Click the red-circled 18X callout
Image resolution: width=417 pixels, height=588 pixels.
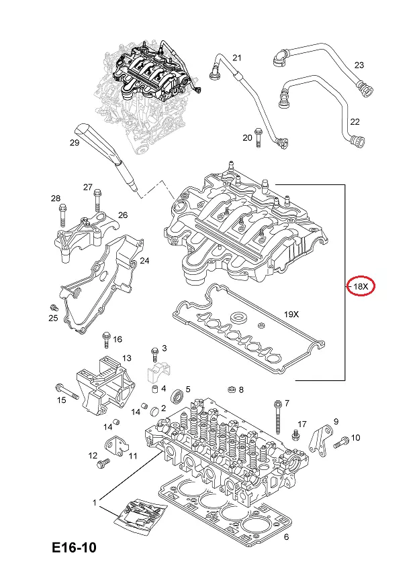[361, 287]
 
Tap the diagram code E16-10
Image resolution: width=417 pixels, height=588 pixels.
[74, 548]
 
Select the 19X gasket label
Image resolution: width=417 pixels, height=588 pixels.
[290, 313]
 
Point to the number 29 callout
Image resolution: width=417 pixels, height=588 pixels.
[75, 142]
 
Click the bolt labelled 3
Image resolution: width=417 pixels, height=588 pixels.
[154, 353]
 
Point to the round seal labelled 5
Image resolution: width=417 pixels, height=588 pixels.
[178, 396]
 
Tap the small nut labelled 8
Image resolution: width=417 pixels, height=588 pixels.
[231, 389]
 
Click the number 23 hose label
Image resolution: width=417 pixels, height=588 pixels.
[359, 65]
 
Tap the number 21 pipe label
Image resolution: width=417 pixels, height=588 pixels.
[236, 58]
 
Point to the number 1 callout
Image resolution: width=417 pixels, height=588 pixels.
[95, 502]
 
